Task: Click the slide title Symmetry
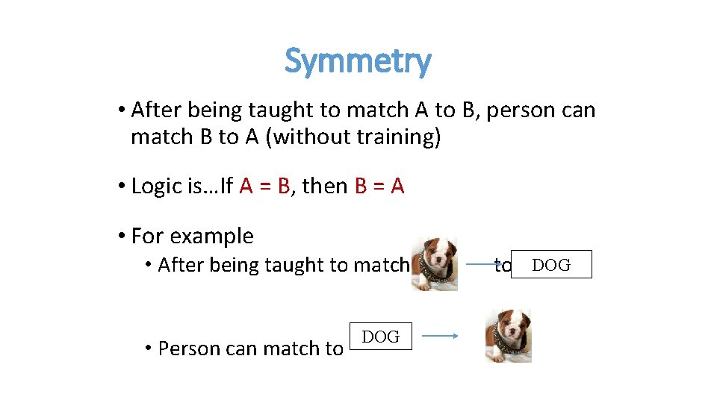click(358, 61)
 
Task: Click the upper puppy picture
click(435, 263)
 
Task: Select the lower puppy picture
click(508, 337)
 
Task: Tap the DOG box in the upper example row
click(551, 265)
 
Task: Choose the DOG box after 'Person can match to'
click(380, 337)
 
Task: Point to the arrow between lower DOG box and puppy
click(435, 337)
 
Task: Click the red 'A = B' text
click(265, 186)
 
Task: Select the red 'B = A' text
click(379, 186)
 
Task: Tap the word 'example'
click(212, 237)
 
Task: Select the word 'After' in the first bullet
click(156, 110)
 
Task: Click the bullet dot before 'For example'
click(121, 237)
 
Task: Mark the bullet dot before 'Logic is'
click(121, 186)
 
